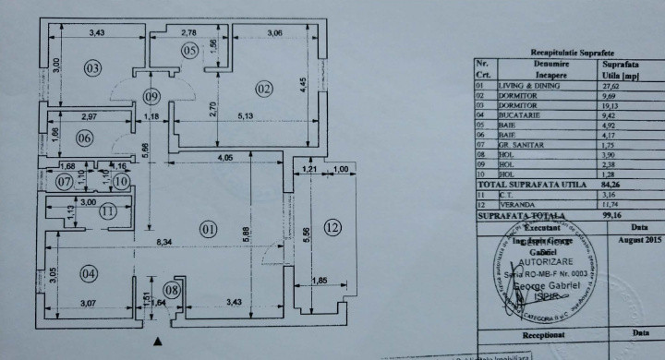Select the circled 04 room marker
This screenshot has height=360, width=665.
pos(89,273)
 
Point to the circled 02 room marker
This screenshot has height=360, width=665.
pos(264,90)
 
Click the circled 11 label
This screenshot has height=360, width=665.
pos(109,211)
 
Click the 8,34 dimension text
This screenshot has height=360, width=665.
pos(164,243)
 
